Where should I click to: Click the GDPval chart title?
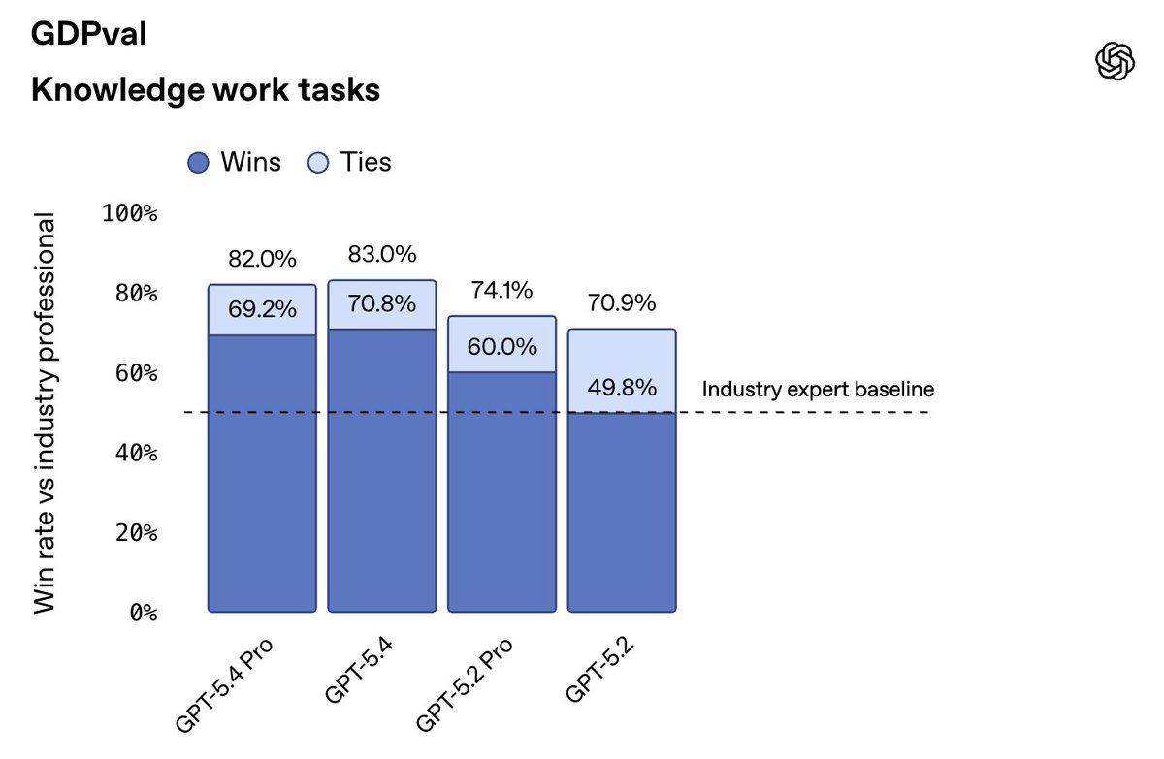[88, 35]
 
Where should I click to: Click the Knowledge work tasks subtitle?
[205, 90]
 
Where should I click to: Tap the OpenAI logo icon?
[1115, 62]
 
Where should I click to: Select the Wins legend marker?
[198, 163]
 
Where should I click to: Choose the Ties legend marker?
[318, 163]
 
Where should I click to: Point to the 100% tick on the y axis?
[130, 213]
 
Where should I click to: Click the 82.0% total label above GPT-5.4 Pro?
[262, 260]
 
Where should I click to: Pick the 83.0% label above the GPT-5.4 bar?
[382, 255]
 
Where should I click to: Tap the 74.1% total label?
[501, 291]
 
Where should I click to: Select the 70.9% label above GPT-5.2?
[622, 304]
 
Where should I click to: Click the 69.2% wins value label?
[262, 310]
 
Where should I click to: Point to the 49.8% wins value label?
[622, 389]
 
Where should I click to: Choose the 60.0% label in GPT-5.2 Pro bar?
[501, 347]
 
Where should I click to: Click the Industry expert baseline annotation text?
[818, 390]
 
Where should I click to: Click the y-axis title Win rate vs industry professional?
[46, 412]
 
